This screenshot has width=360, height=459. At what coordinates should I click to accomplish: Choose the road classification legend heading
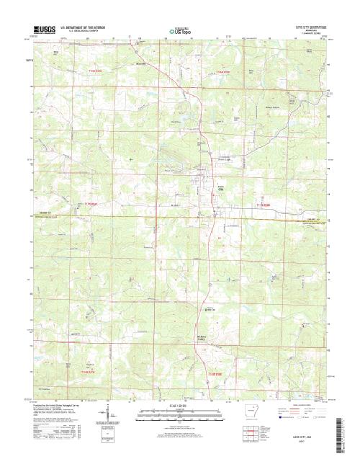click(x=297, y=404)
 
